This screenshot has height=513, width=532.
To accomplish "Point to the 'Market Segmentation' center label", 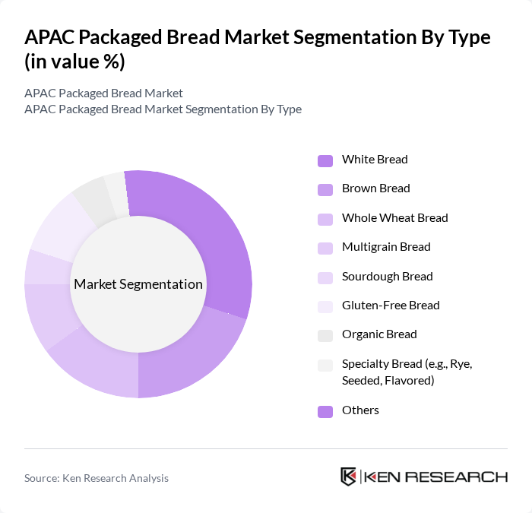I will (x=138, y=284).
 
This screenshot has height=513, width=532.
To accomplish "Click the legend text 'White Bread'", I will (x=375, y=160).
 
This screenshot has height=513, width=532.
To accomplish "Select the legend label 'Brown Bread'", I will (x=375, y=188).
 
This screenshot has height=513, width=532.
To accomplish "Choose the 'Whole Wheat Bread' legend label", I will (x=394, y=218).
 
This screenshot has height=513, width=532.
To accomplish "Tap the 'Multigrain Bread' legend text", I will (x=386, y=247).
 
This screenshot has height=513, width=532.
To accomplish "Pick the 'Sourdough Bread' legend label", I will (x=387, y=277).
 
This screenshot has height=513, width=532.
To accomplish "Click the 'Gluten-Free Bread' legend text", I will (x=391, y=306).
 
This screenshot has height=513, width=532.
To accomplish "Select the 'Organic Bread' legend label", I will (x=379, y=334).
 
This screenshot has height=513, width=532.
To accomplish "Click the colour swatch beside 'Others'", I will (x=325, y=411).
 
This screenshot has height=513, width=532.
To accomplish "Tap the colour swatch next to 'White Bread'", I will (x=325, y=160).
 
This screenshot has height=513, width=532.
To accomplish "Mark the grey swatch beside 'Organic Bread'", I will (x=325, y=335).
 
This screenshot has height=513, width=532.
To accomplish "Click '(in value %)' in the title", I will (x=74, y=62).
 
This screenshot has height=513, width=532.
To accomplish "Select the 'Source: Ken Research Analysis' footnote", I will (x=97, y=478).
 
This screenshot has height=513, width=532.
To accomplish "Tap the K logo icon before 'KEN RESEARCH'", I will (x=349, y=477).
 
